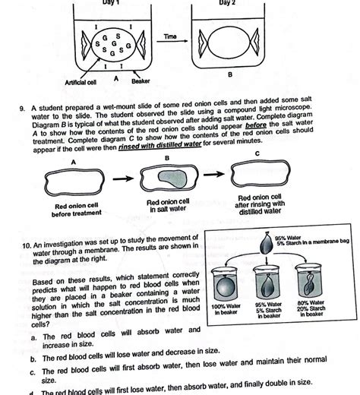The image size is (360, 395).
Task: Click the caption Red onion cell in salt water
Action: coord(171,204)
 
